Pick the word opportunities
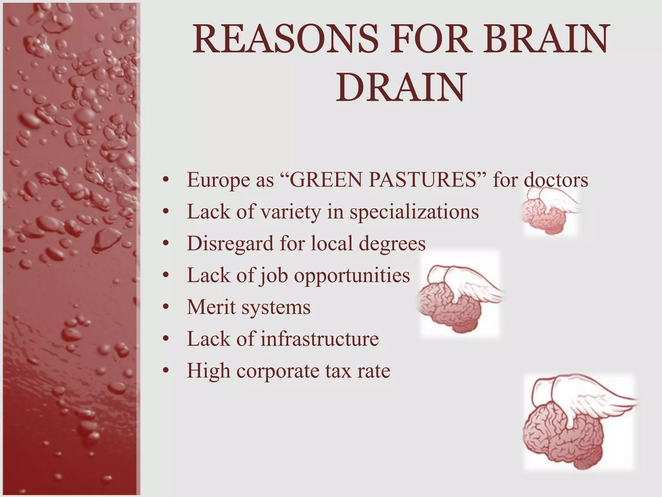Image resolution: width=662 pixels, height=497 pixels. coord(352,275)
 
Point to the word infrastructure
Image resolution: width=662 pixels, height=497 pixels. coord(320,339)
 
